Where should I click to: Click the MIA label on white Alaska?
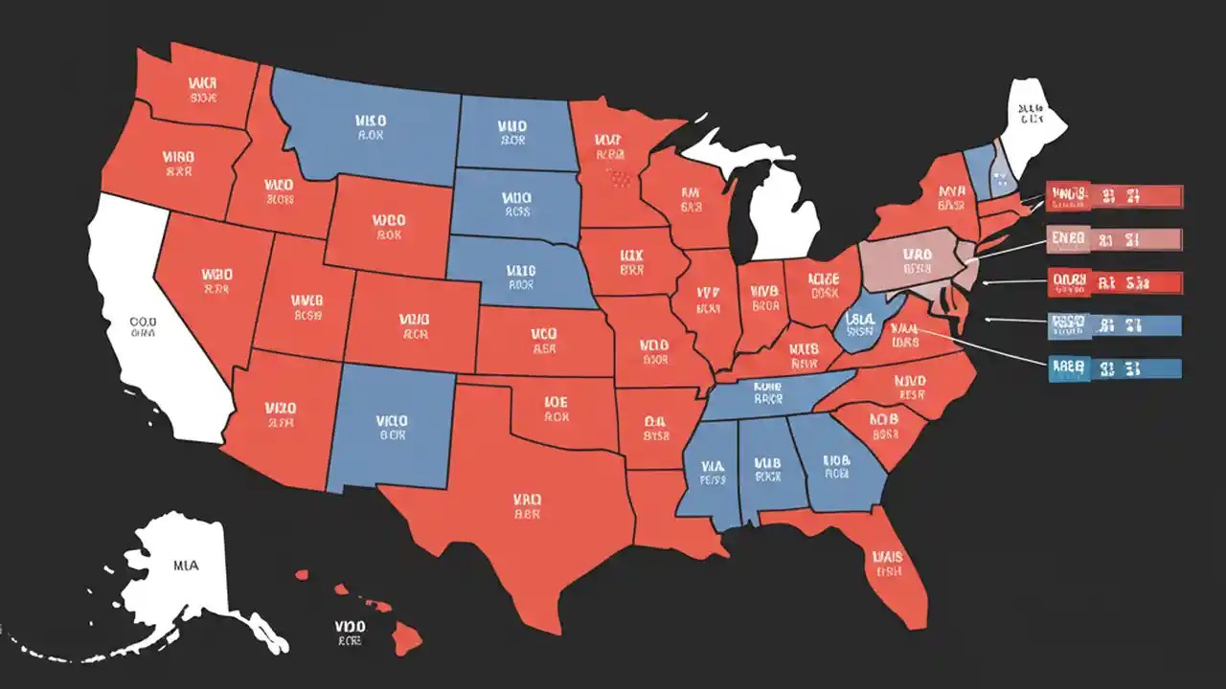(186, 566)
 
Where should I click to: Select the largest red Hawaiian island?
(406, 640)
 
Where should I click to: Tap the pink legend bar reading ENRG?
(1115, 238)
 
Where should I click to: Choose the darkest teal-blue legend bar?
(1115, 368)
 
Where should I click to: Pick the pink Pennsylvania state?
(910, 263)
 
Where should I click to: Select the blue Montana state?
(369, 129)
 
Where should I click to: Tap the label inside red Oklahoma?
(556, 410)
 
